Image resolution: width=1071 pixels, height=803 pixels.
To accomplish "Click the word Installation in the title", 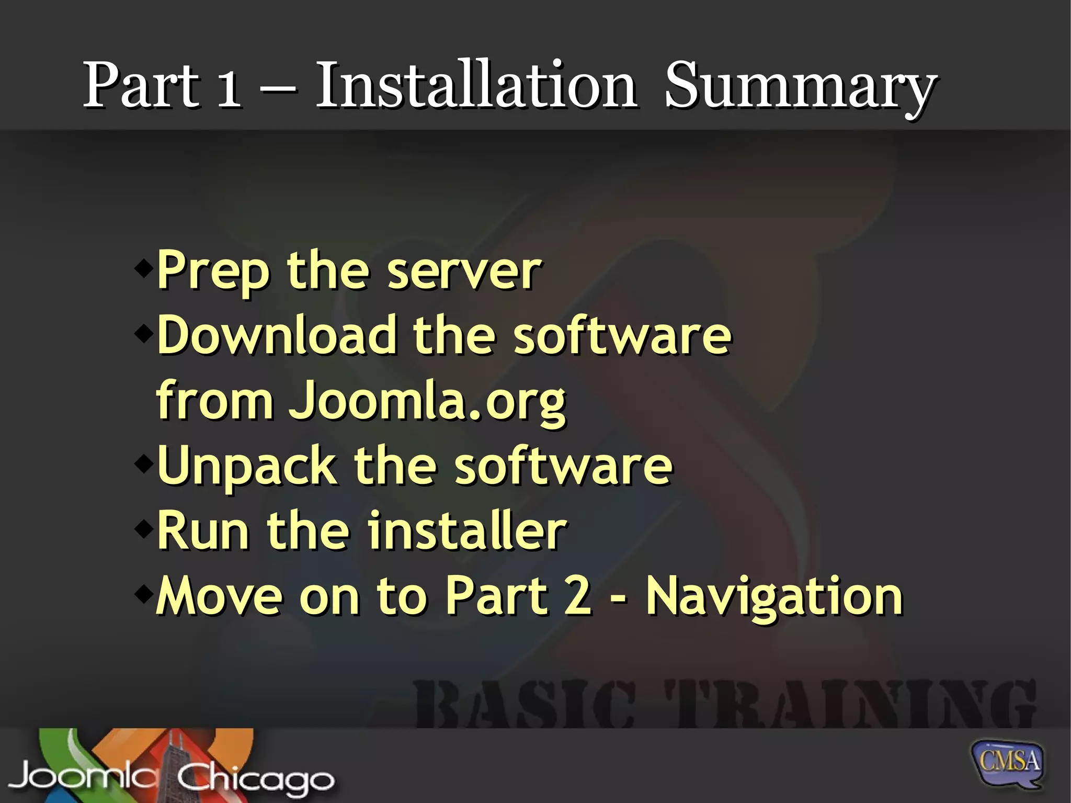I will (x=476, y=85).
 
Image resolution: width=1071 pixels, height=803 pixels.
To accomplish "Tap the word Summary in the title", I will (x=800, y=86).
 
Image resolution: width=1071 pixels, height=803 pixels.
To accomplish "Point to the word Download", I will (x=277, y=335).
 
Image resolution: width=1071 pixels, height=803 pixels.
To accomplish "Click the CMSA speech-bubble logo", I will (x=1007, y=762).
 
